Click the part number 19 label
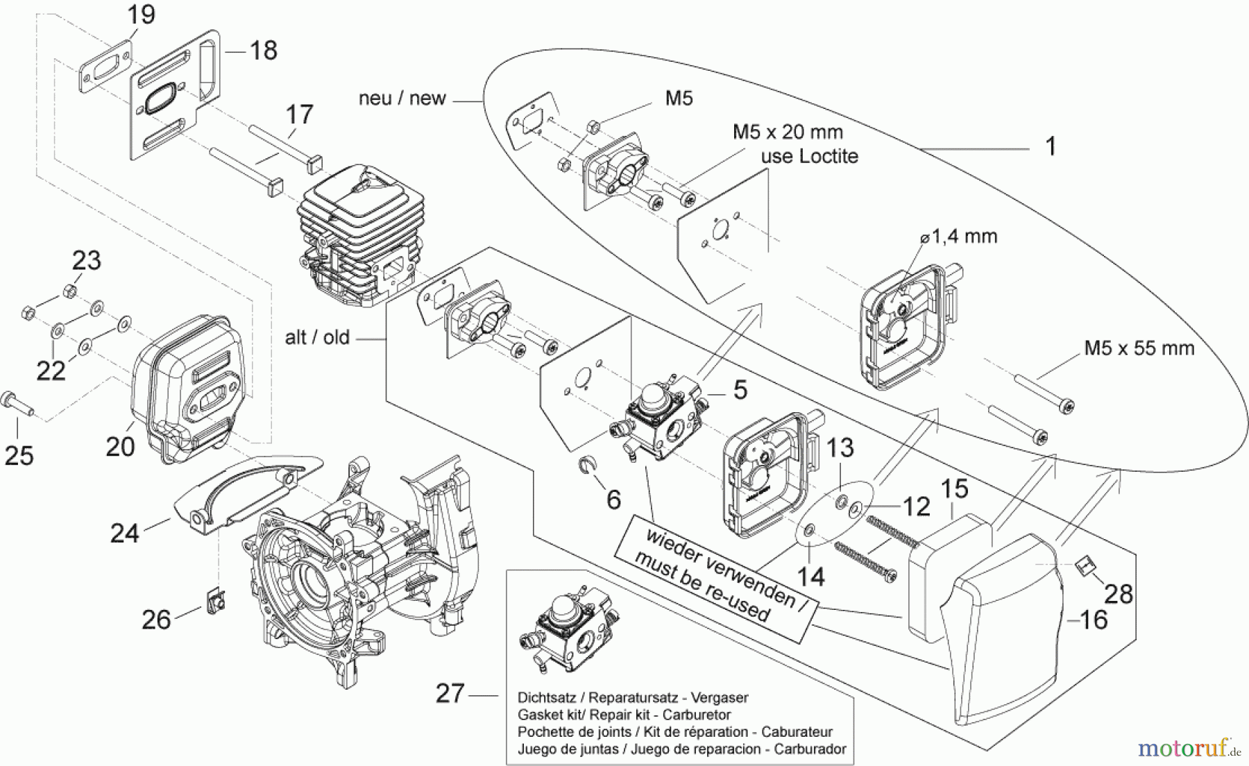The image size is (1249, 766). [x=141, y=15]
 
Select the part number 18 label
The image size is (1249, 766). [x=263, y=50]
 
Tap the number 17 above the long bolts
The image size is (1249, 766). [x=299, y=114]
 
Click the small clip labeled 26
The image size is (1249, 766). [x=214, y=597]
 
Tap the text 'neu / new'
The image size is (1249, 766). [x=402, y=99]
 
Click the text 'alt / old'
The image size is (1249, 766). [x=317, y=338]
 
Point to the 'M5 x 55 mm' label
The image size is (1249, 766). [x=1139, y=348]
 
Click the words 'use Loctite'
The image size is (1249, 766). [x=809, y=156]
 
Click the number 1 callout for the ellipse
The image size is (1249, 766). [x=1051, y=146]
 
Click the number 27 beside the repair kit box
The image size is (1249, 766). [x=450, y=693]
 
